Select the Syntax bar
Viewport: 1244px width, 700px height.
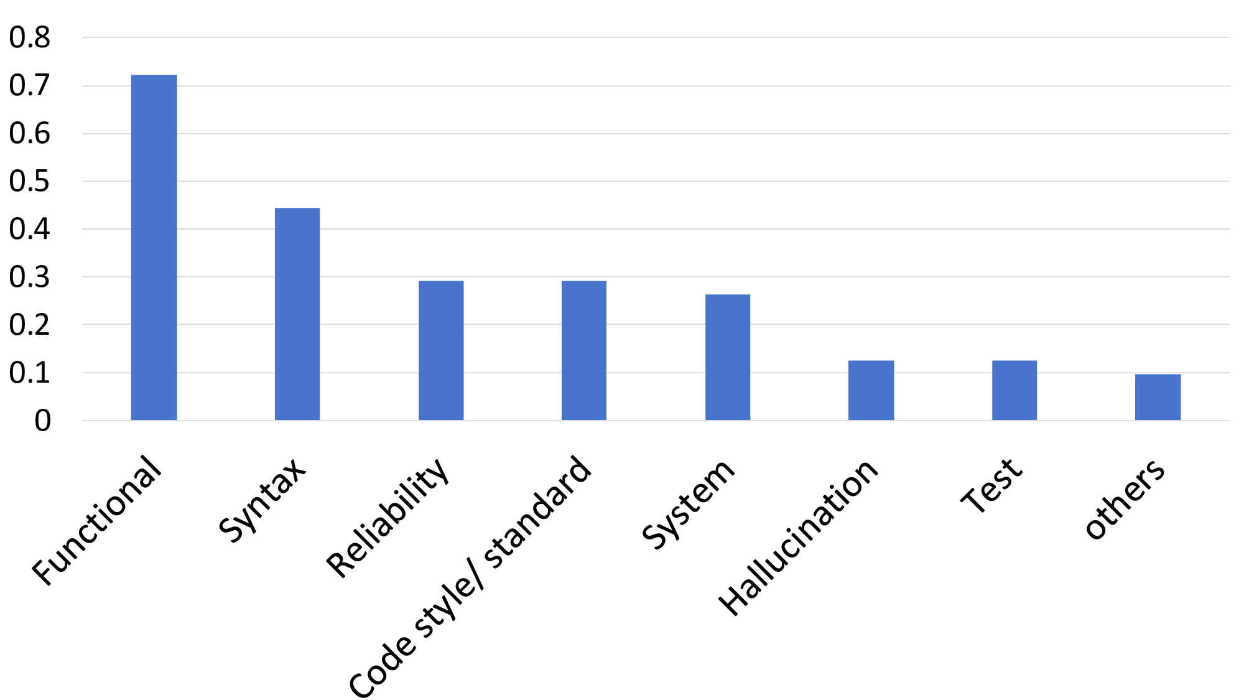click(x=297, y=314)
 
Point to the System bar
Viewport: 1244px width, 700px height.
click(x=728, y=357)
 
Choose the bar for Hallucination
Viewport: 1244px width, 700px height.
click(x=871, y=390)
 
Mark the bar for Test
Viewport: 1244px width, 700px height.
click(x=1014, y=390)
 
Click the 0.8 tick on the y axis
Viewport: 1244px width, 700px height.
click(x=30, y=37)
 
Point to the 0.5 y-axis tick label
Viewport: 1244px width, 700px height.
click(x=30, y=181)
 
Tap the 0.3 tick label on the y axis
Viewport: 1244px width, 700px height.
click(x=30, y=277)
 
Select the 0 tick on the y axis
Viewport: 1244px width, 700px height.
click(x=42, y=421)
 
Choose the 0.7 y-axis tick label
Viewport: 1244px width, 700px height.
click(x=30, y=85)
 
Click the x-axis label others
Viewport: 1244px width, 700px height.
click(x=1125, y=498)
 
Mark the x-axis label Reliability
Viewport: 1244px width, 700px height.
click(x=388, y=518)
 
